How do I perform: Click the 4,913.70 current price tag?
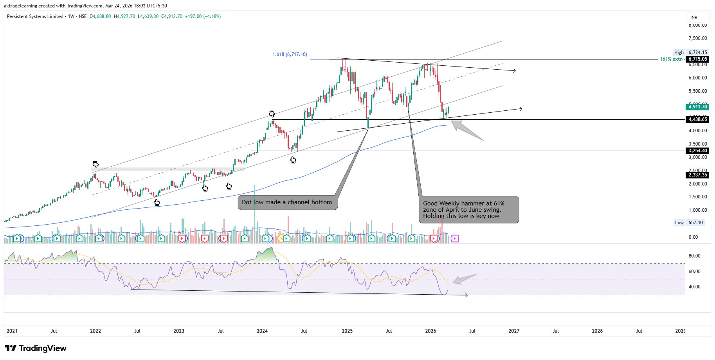tap(698, 107)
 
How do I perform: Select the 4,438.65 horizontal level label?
tap(698, 119)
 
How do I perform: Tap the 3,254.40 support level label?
tap(698, 151)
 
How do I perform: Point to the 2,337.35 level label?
tap(698, 175)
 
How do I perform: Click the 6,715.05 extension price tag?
tap(698, 59)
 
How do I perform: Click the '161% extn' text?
tap(671, 59)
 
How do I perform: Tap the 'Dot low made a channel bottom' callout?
tap(287, 202)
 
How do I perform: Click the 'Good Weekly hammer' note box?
tap(468, 210)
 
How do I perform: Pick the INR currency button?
tap(694, 17)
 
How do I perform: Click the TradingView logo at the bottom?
tap(36, 348)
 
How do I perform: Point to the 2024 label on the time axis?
tap(262, 331)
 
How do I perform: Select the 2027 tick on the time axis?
tap(513, 331)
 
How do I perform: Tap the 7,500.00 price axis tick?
tap(698, 38)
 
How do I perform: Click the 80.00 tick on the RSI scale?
tap(694, 256)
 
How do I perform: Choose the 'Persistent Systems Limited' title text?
tap(35, 16)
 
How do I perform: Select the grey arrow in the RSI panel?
tap(465, 279)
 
